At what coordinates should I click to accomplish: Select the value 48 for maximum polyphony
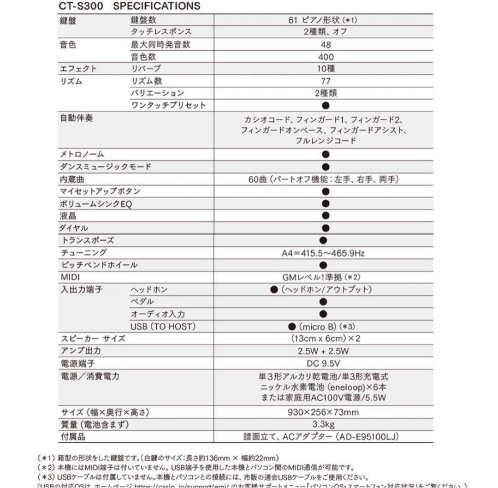326,45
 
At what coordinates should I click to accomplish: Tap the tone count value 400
326,57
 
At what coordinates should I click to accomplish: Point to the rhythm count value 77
326,81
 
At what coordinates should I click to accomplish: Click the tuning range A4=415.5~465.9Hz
324,253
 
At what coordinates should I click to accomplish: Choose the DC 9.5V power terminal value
323,363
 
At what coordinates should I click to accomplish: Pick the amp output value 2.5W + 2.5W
323,351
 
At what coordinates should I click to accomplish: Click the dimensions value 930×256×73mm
323,412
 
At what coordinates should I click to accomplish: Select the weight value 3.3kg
323,424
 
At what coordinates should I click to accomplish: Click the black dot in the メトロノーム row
326,155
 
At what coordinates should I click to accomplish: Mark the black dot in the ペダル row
323,302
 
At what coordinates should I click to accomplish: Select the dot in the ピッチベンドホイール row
323,265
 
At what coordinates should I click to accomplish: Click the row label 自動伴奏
77,118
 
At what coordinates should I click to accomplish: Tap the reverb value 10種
326,69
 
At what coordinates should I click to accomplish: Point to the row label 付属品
73,436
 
